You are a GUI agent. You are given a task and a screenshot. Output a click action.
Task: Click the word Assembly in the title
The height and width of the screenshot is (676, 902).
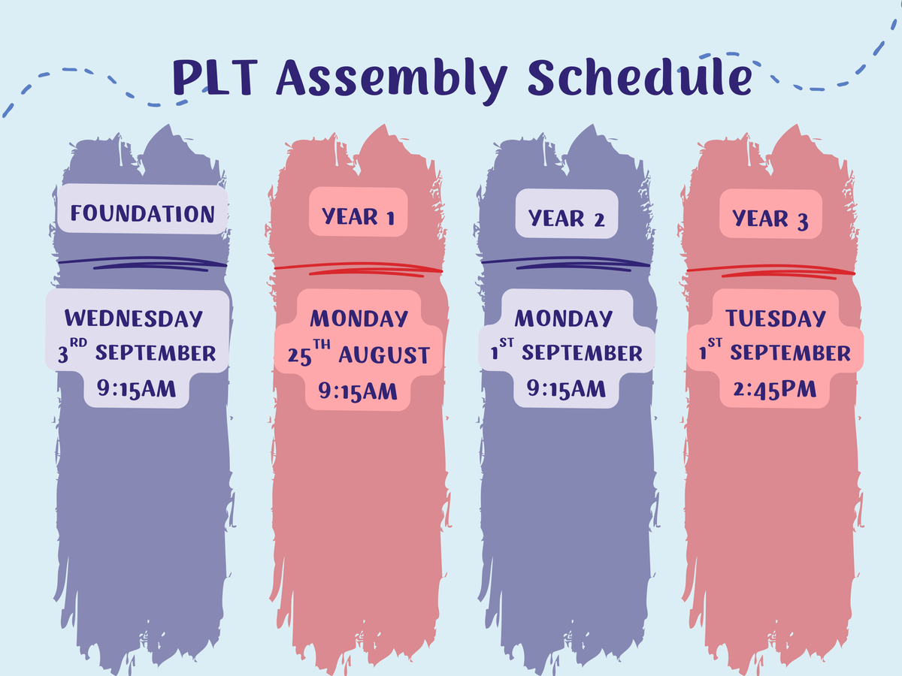[x=392, y=80]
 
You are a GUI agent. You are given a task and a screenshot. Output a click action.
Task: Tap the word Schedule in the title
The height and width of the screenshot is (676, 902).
[x=640, y=77]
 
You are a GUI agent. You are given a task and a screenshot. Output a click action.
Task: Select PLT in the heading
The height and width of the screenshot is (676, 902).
[x=215, y=77]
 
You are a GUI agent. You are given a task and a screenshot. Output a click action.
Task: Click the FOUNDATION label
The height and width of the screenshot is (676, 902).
[x=143, y=213]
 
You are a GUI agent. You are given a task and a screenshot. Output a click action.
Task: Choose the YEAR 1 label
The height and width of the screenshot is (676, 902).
[x=358, y=216]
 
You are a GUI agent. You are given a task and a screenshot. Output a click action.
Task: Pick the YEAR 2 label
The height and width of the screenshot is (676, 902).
[x=566, y=218]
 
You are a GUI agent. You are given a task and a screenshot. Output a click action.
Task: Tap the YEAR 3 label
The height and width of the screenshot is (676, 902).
[x=770, y=219]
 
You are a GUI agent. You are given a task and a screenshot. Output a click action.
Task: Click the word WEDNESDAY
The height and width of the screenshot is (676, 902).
[x=134, y=318]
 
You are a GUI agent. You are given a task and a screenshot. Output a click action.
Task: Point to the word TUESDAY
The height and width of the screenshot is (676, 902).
[x=776, y=318]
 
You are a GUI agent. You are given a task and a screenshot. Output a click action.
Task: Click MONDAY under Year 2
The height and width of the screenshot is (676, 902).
[x=564, y=318]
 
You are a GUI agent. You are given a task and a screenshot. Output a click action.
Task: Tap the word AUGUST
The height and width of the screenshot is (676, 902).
[x=384, y=355]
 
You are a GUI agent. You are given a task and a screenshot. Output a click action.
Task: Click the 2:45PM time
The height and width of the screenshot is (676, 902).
[x=775, y=390]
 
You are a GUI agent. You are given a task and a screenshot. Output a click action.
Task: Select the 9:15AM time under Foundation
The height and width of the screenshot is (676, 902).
[x=137, y=389]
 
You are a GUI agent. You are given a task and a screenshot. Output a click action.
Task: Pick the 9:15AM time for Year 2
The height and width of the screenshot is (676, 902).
[x=566, y=389]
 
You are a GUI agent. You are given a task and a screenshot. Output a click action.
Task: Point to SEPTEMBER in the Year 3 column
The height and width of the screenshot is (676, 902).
[x=790, y=353]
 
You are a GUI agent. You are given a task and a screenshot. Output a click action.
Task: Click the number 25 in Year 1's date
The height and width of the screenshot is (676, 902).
[x=299, y=357]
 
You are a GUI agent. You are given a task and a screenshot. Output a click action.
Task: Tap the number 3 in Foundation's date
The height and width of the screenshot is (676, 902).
[x=62, y=355]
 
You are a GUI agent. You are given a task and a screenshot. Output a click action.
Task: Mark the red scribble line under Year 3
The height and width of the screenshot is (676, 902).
[x=771, y=271]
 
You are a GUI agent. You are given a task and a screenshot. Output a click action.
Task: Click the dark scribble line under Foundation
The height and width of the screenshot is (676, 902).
[x=143, y=264]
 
